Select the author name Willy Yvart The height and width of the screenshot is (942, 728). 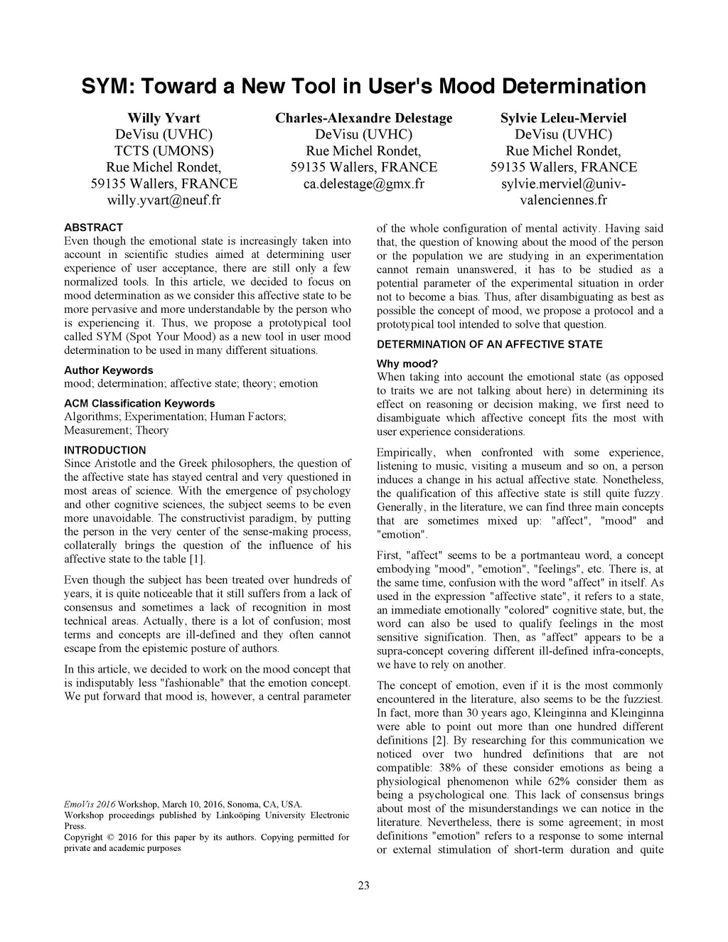(164, 118)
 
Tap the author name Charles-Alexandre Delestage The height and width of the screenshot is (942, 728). (363, 118)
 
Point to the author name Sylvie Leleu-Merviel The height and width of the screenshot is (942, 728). (563, 118)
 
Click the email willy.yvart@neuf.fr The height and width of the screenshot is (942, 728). (164, 200)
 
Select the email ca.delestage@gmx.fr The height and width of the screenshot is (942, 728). (363, 184)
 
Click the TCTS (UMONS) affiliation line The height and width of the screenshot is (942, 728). (164, 151)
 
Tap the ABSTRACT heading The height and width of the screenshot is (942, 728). (93, 228)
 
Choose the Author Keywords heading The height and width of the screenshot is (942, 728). (108, 370)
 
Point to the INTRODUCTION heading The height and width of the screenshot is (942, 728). (105, 450)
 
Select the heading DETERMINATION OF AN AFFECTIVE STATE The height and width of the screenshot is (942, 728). (489, 345)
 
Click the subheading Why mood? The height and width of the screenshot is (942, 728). (407, 364)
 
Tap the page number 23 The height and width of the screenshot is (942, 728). (363, 885)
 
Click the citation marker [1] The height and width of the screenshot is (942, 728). (197, 560)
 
